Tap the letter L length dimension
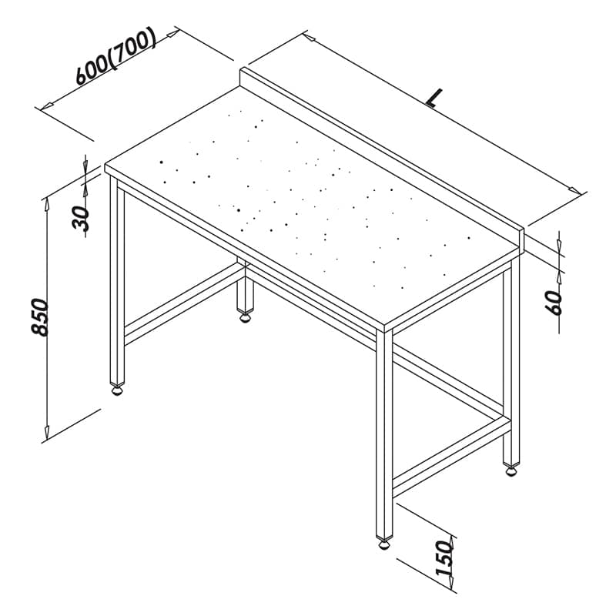434,99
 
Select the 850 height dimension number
39,316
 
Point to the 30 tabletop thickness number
81,218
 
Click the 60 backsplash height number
554,303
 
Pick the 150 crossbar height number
444,557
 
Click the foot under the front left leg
117,390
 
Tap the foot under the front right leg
383,544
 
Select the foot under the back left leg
245,317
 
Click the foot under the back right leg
511,471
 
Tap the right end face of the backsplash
522,241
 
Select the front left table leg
117,281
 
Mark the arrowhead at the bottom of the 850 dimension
47,433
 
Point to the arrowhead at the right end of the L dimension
574,190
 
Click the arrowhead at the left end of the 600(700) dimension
48,105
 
